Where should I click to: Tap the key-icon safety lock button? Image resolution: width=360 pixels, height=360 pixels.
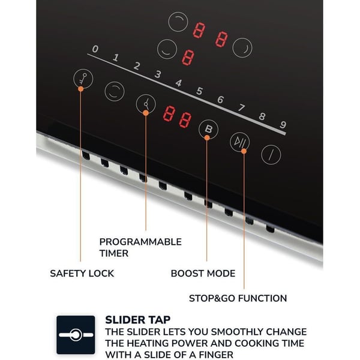tap(82, 80)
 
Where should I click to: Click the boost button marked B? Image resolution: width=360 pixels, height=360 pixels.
tap(208, 129)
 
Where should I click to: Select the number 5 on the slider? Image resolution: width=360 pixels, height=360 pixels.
tap(199, 91)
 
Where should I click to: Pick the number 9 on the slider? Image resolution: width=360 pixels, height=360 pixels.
tap(283, 125)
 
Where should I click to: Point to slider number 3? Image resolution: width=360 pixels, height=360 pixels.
tap(158, 74)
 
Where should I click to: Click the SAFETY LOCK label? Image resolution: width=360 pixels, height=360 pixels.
tap(82, 274)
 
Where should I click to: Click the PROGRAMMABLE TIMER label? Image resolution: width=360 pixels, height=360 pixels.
tap(140, 247)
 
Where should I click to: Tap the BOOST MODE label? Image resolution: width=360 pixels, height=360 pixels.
tap(203, 274)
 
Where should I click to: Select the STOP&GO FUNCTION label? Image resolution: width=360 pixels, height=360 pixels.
tap(238, 298)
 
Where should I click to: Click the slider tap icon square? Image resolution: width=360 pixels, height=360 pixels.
tap(76, 335)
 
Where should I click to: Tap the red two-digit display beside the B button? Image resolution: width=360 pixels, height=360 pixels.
tap(177, 117)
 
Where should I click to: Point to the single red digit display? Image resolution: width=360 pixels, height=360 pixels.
tap(188, 57)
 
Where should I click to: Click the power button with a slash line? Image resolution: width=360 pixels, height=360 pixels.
tap(271, 155)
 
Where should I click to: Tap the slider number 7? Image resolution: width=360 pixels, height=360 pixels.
tap(241, 109)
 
